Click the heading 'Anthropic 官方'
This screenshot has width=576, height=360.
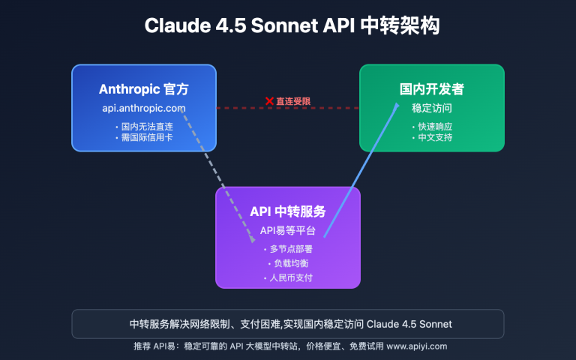pyautogui.click(x=143, y=89)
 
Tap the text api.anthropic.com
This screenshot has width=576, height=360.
pyautogui.click(x=143, y=109)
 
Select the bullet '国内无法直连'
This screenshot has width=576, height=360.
pyautogui.click(x=145, y=126)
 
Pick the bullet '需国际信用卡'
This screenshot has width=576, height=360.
pyautogui.click(x=145, y=138)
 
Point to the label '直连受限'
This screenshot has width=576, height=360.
pyautogui.click(x=293, y=100)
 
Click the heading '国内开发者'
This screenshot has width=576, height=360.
pyautogui.click(x=431, y=89)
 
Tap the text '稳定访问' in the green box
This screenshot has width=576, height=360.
pyautogui.click(x=431, y=108)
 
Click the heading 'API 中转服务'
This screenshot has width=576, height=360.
pyautogui.click(x=288, y=211)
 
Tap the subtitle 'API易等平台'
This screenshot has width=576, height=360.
pyautogui.click(x=288, y=230)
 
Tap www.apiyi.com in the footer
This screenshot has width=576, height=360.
pyautogui.click(x=416, y=346)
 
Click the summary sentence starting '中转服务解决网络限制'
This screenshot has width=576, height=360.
pyautogui.click(x=288, y=324)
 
